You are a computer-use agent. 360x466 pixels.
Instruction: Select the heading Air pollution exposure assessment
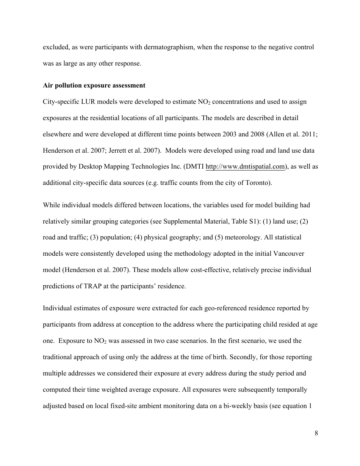tap(94, 85)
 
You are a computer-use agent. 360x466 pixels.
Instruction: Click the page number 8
tap(316, 434)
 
